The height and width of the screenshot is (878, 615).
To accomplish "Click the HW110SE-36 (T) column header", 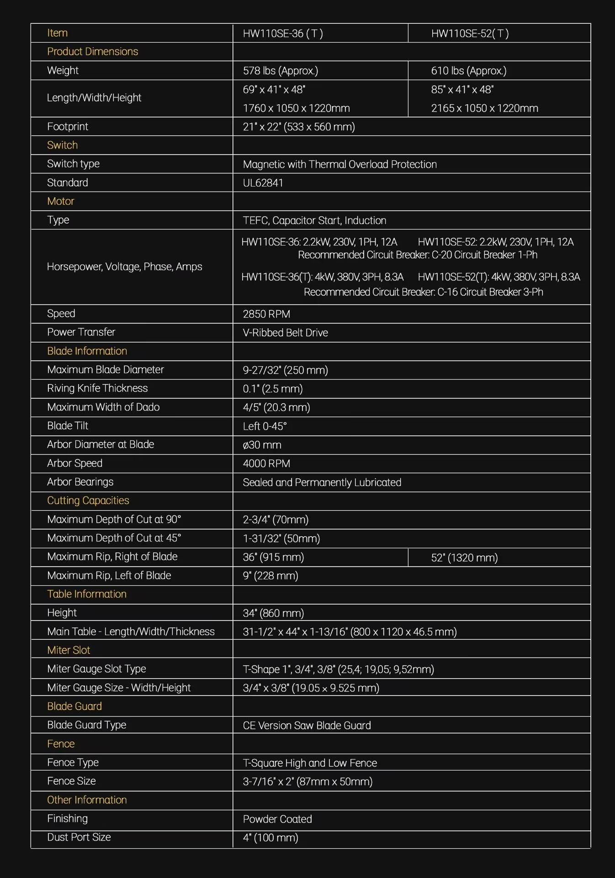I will (283, 33).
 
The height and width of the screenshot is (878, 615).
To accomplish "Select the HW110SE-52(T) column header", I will (470, 33).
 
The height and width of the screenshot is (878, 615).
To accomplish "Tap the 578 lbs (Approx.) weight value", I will (280, 71).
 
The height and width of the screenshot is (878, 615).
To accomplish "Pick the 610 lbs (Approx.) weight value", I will (468, 71).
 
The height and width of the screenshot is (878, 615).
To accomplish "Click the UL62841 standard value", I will (263, 183).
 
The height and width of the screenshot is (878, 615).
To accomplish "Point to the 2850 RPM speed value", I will (266, 314).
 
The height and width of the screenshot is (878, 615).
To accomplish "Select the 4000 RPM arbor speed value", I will (266, 464).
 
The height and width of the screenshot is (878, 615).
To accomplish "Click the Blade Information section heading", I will (87, 351).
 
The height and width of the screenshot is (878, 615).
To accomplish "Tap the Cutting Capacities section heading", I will (88, 501).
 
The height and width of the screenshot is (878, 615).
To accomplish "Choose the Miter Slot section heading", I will (69, 650).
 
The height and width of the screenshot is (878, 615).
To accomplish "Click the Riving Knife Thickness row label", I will (97, 388).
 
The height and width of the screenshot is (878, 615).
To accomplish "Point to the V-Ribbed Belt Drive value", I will (285, 333).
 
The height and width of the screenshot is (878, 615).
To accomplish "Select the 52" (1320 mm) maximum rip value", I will (464, 557).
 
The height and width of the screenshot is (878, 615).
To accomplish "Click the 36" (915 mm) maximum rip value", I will (273, 557).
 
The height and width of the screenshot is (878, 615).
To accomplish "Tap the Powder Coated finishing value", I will (277, 819).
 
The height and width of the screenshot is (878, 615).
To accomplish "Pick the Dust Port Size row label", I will (79, 837).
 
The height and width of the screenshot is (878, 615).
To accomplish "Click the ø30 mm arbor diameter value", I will (262, 445).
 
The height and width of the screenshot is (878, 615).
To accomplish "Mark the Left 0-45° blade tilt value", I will (265, 426).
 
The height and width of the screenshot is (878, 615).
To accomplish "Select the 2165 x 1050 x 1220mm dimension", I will (484, 108).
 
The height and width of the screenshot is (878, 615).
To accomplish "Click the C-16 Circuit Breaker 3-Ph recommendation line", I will (423, 292).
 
